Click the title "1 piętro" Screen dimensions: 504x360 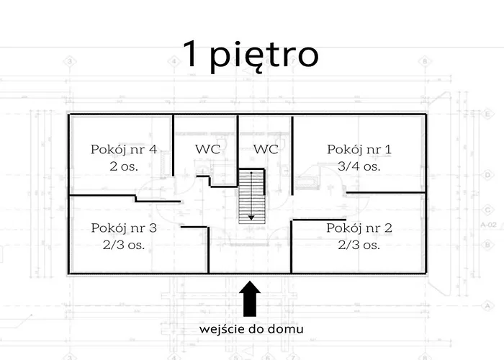tap(251, 55)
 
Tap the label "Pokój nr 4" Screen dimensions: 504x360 tap(124, 150)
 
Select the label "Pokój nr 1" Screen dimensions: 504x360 tap(360, 150)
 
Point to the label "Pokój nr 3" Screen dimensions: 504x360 tap(124, 228)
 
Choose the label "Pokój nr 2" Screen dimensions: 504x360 tap(360, 228)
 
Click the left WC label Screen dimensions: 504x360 tap(207, 150)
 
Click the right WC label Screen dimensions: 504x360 tap(266, 150)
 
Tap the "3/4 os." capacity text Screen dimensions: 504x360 tap(360, 166)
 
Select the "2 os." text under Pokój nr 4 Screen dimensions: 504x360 tap(124, 166)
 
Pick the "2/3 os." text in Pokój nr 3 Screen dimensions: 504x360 tap(124, 245)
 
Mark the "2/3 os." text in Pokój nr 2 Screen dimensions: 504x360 tap(360, 245)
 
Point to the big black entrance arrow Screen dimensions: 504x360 tap(250, 297)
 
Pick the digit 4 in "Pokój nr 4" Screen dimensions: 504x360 tap(153, 150)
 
